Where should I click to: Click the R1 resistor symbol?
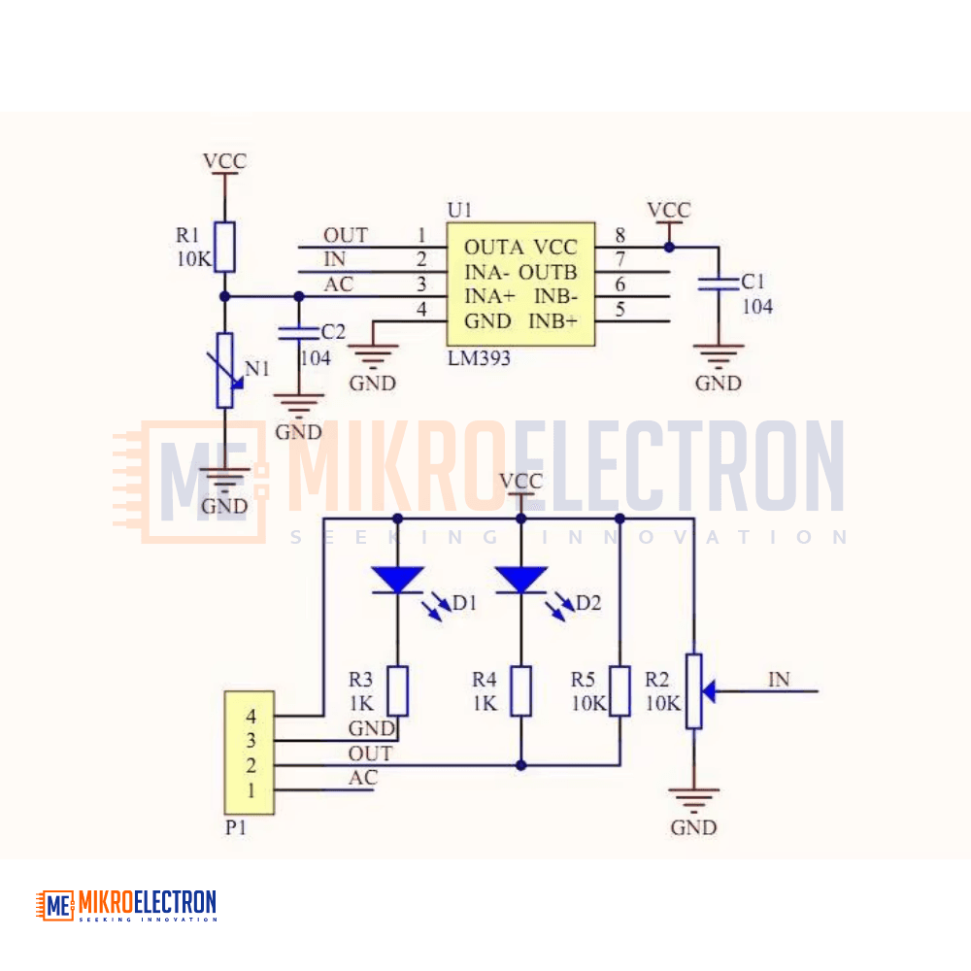[x=225, y=247]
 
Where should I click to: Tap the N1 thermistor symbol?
[x=225, y=370]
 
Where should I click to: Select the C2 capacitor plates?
[x=298, y=333]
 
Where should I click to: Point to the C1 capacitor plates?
[x=719, y=285]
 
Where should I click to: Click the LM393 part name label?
[x=480, y=358]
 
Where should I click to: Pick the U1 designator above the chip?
[x=459, y=211]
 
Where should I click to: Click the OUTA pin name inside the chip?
[x=493, y=248]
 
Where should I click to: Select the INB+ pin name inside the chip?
[x=553, y=321]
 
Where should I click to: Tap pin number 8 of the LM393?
[x=619, y=235]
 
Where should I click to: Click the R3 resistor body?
[x=397, y=691]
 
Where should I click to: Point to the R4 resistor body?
[x=520, y=691]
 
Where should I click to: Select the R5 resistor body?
[x=619, y=691]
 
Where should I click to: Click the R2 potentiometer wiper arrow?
[x=710, y=691]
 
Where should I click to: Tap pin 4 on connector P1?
[x=251, y=717]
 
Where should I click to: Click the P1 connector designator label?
[x=236, y=827]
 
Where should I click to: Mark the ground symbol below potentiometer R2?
[x=693, y=800]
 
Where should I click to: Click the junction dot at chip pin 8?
[x=669, y=247]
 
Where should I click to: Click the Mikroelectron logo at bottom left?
[x=126, y=905]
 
